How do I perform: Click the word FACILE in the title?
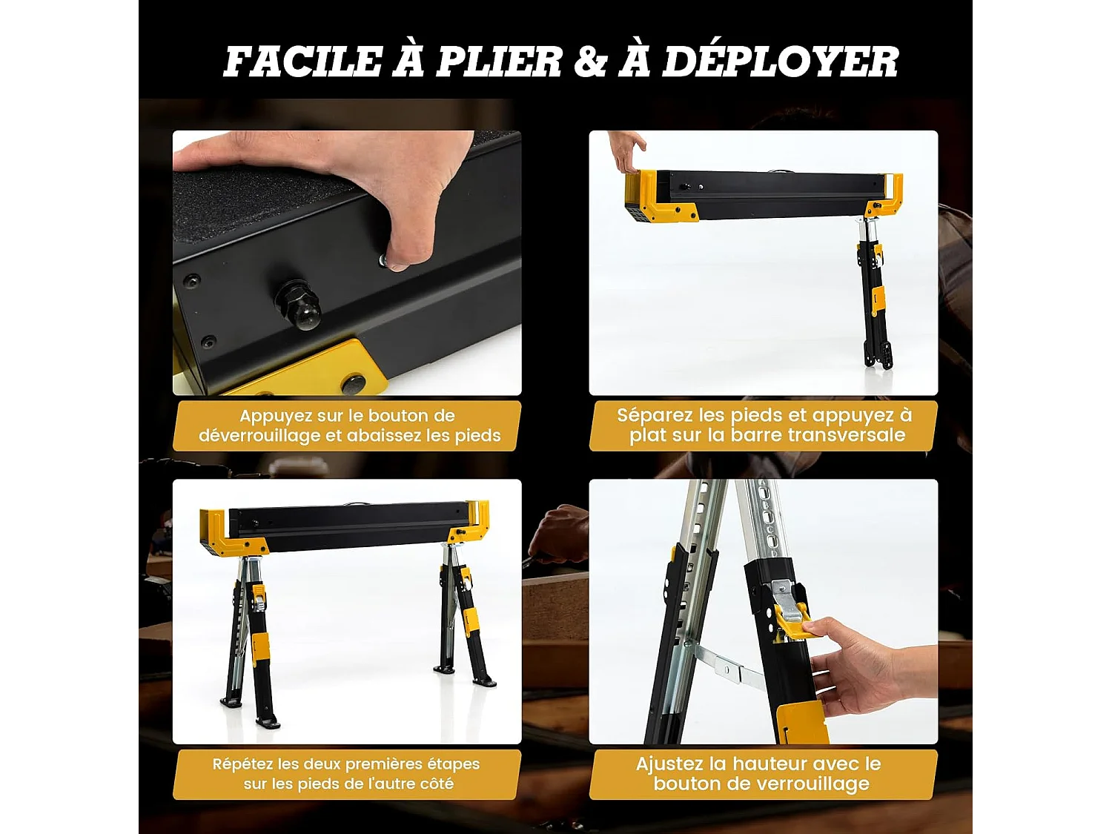pyautogui.click(x=302, y=62)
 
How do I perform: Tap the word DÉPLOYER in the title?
pyautogui.click(x=780, y=62)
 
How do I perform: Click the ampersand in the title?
pyautogui.click(x=590, y=62)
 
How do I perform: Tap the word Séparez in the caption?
pyautogui.click(x=652, y=415)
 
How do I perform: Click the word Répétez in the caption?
pyautogui.click(x=242, y=764)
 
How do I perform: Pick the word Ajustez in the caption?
pyautogui.click(x=669, y=764)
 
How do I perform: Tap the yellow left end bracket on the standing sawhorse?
pyautogui.click(x=222, y=532)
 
